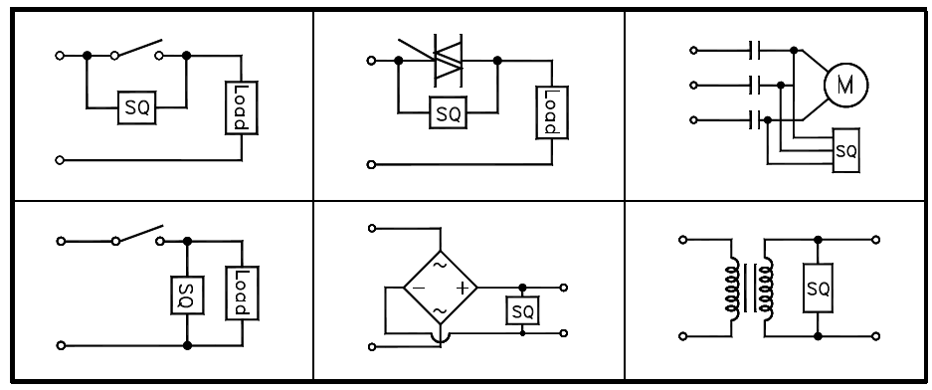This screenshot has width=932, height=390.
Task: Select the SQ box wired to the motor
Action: coord(846,150)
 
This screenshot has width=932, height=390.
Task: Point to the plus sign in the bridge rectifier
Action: coord(461,288)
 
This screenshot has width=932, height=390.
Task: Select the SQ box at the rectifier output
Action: coord(522,311)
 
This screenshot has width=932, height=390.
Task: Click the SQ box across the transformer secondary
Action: coord(819,289)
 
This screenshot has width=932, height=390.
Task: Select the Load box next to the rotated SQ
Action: coord(240,292)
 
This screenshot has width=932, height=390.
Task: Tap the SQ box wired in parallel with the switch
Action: coord(137,106)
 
